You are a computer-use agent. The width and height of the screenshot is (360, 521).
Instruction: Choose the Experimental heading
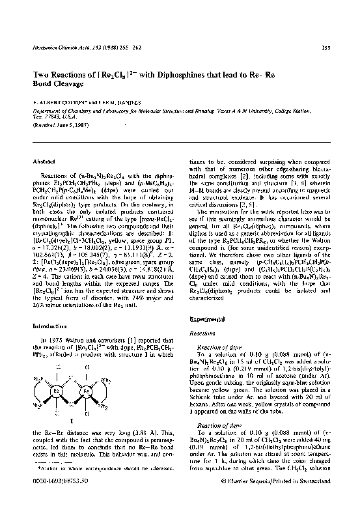coord(208,320)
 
